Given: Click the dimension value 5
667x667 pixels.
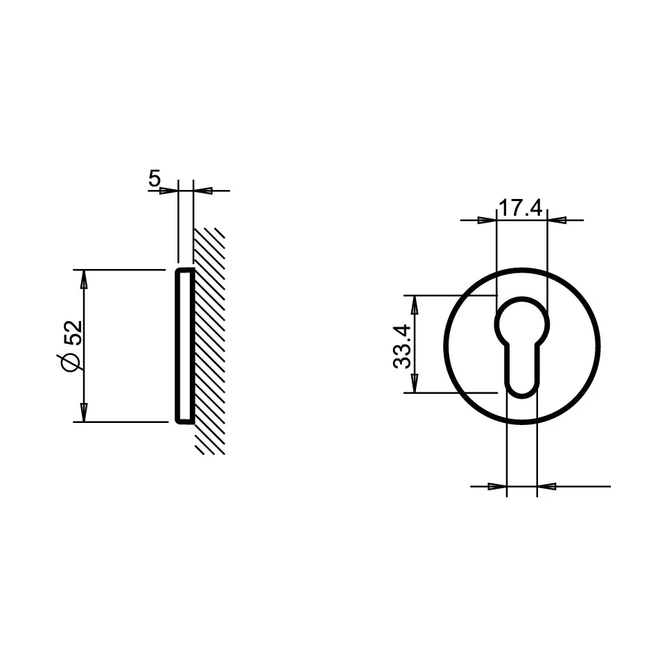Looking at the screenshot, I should pyautogui.click(x=154, y=179).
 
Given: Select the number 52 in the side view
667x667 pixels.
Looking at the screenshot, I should pyautogui.click(x=73, y=332).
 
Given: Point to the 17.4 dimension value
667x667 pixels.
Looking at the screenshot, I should pyautogui.click(x=521, y=208).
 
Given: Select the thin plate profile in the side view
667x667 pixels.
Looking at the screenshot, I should pyautogui.click(x=184, y=345).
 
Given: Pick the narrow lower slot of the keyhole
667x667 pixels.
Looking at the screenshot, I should pyautogui.click(x=522, y=374).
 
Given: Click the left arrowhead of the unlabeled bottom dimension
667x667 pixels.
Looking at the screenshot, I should pyautogui.click(x=498, y=487).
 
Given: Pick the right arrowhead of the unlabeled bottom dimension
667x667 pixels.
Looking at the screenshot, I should pyautogui.click(x=546, y=487).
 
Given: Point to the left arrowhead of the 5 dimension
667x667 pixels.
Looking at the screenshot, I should pyautogui.click(x=169, y=190).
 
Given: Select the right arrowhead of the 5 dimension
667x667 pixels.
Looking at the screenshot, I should pyautogui.click(x=202, y=190).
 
